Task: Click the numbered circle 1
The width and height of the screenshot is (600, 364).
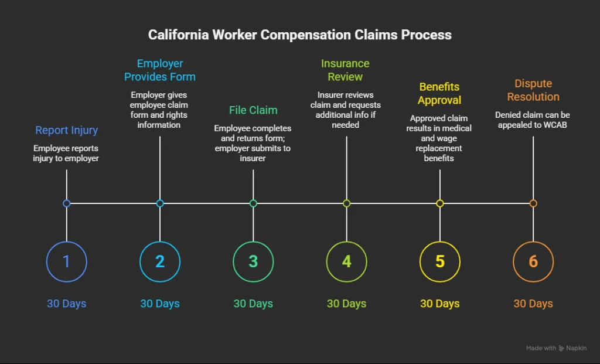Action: click(66, 261)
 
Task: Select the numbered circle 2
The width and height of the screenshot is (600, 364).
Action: click(160, 261)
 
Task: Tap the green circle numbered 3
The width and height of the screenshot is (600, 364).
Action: click(253, 261)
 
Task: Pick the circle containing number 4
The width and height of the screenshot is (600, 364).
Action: click(346, 261)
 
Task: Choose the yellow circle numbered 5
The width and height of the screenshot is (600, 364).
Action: click(440, 261)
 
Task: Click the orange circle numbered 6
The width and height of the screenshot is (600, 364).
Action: click(533, 261)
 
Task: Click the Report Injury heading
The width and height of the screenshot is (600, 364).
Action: click(66, 130)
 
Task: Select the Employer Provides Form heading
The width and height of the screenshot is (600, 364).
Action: click(160, 70)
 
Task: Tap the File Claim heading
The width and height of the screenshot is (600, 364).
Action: click(253, 110)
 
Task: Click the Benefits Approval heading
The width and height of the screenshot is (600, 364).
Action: click(439, 94)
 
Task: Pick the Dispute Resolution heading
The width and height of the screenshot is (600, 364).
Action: click(533, 90)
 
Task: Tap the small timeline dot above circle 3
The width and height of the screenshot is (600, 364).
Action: click(253, 203)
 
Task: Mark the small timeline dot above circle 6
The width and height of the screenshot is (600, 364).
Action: click(533, 203)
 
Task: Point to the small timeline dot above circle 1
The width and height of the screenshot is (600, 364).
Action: click(66, 203)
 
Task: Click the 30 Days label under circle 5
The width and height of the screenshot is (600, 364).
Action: click(440, 304)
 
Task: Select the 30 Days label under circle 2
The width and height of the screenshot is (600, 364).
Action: click(160, 304)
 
